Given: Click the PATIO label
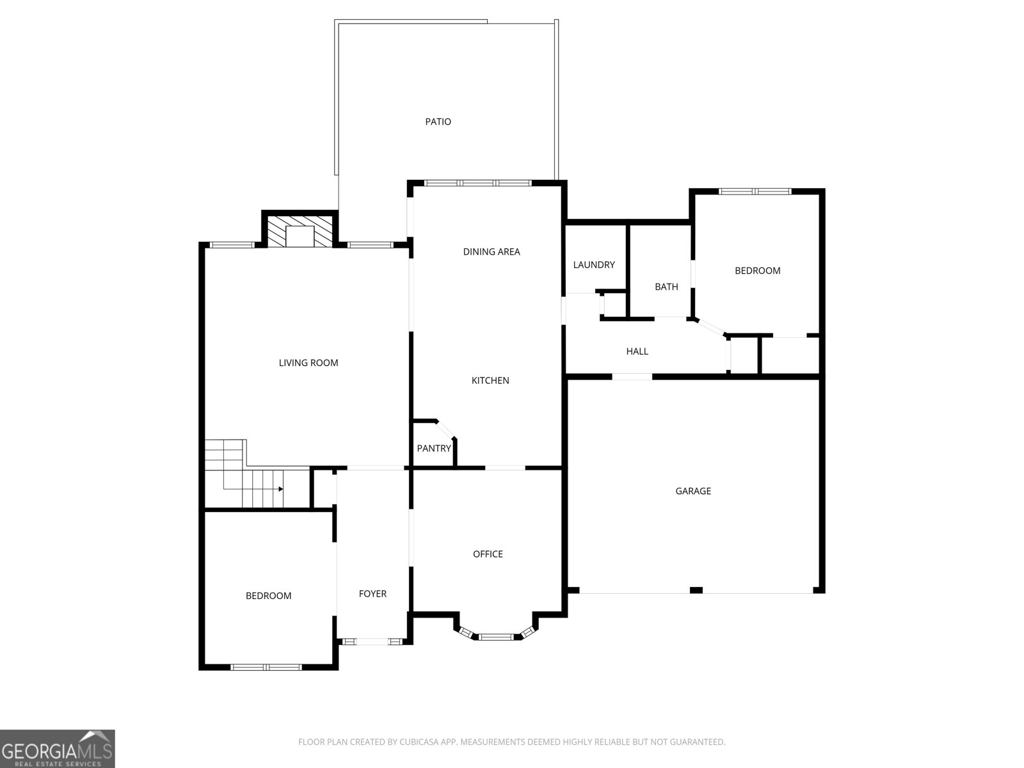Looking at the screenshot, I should [x=438, y=122].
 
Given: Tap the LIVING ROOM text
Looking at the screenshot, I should [x=308, y=363].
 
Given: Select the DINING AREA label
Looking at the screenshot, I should [x=492, y=252].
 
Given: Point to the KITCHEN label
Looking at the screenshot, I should [x=490, y=381].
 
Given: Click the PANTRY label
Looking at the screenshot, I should [x=434, y=449].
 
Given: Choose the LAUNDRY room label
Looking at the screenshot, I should [x=594, y=265].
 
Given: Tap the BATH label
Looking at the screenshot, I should [x=666, y=287].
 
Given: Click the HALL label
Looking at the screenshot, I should [x=637, y=351].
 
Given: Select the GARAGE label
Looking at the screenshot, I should [x=693, y=492].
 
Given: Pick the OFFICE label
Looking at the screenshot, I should [x=488, y=554].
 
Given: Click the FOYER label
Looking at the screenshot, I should [x=372, y=594].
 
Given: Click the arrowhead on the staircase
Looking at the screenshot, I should [x=281, y=489].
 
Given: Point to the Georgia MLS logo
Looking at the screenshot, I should [x=58, y=749].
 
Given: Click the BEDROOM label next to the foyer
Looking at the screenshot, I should [x=268, y=596].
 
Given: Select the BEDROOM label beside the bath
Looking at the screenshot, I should [x=757, y=271].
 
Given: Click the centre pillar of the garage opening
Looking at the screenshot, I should [x=696, y=590].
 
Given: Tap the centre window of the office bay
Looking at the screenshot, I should [x=496, y=637].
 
